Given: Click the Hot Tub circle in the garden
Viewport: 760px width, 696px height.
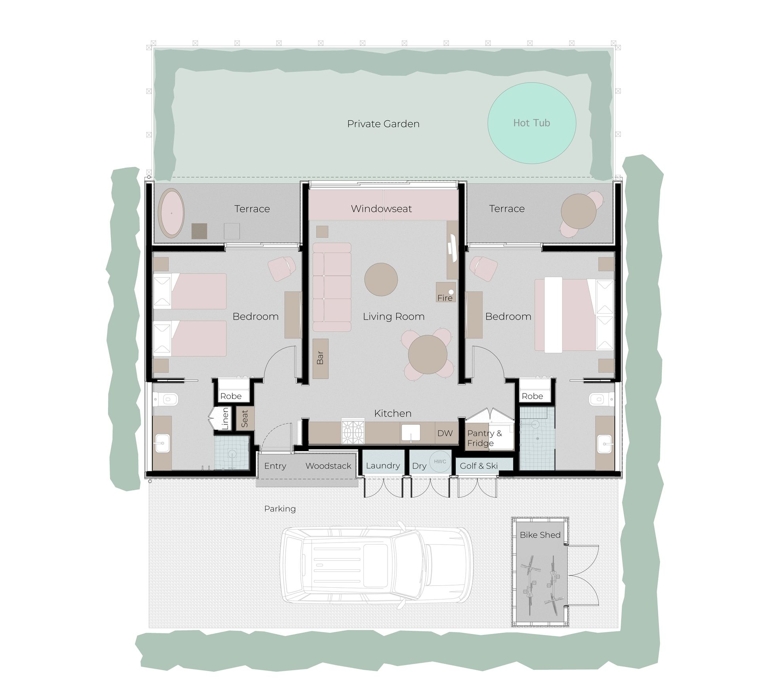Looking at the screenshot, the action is (x=532, y=123).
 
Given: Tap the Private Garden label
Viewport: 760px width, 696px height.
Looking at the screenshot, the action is (x=383, y=124).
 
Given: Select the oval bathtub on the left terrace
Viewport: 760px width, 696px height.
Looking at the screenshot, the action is (x=171, y=213).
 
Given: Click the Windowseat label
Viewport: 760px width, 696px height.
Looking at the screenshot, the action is (x=381, y=209).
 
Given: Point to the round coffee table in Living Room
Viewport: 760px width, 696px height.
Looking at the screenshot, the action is (x=381, y=280).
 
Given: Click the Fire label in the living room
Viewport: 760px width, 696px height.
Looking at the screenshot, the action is (x=445, y=298).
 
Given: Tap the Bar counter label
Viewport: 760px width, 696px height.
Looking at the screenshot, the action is (x=320, y=358).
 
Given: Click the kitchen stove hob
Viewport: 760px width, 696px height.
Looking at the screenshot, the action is (x=353, y=432).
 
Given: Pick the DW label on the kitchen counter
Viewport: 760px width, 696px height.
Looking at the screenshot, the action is (x=445, y=433).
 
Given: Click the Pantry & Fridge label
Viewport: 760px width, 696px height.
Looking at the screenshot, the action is (x=484, y=438).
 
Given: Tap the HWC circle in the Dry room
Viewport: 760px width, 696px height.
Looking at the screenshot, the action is (x=440, y=461).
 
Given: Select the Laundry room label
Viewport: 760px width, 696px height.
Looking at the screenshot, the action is (x=383, y=466).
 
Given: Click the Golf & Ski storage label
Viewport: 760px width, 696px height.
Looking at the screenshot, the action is (x=479, y=466).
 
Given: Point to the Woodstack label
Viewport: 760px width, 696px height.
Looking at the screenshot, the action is (x=328, y=466).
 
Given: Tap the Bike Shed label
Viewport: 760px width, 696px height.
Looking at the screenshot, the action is (x=540, y=535).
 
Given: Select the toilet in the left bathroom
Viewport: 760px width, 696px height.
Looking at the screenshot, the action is (x=166, y=399).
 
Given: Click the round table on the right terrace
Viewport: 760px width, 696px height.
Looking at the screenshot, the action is (x=578, y=211).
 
